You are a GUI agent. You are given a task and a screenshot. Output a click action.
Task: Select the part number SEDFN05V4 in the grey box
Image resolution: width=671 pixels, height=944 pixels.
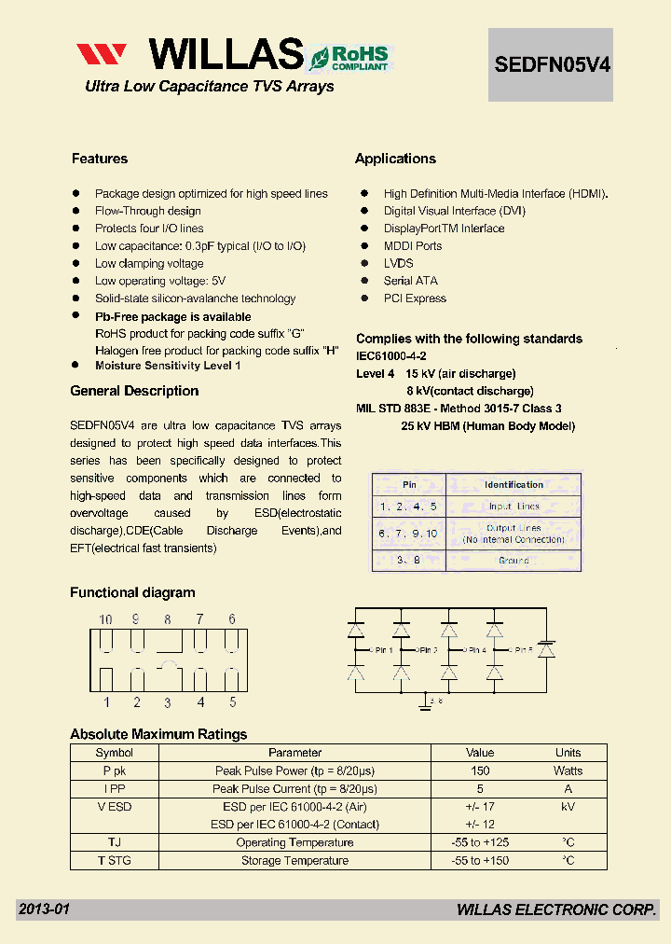tap(551, 64)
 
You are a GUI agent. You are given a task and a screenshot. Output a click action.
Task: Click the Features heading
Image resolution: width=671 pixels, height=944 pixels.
tap(100, 159)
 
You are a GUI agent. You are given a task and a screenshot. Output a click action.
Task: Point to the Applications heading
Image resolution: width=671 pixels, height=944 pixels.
tap(395, 159)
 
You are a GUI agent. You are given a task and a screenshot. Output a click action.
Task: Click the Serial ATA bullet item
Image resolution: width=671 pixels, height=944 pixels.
tap(410, 281)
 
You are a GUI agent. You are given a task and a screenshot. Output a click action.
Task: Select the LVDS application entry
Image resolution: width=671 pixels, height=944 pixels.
tap(398, 263)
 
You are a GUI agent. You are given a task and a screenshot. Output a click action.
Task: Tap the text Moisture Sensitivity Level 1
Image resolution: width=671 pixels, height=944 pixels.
tap(168, 366)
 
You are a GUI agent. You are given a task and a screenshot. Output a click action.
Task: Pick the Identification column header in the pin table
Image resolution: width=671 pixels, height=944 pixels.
tap(514, 484)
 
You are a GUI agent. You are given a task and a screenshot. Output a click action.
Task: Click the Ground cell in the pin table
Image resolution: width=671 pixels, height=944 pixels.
tap(514, 561)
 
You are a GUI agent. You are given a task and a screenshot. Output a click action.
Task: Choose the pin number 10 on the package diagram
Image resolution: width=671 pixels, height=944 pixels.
tap(105, 618)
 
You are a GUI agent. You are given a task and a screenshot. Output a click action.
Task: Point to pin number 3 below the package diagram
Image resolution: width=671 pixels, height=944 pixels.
tap(168, 703)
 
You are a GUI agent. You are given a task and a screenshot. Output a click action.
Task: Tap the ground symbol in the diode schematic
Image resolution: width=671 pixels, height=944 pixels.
tap(427, 704)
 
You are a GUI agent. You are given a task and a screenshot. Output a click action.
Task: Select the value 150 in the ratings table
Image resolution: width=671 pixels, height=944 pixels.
tap(480, 770)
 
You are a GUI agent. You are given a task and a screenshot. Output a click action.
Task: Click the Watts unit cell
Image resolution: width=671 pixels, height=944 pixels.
tap(568, 770)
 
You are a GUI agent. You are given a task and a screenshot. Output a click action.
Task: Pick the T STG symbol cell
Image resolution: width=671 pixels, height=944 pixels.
tap(115, 860)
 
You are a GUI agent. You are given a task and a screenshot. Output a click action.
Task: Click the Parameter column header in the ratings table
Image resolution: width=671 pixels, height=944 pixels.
tap(294, 752)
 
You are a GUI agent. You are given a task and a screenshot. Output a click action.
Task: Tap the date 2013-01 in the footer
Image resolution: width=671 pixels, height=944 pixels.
tap(44, 909)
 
